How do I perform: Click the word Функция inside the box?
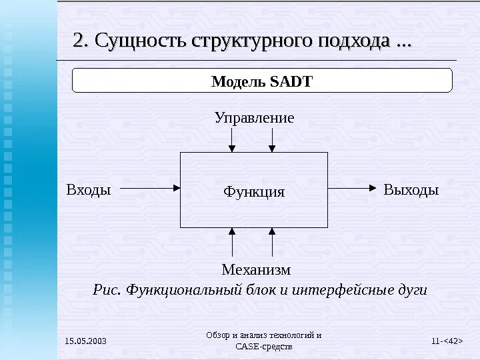pyautogui.click(x=254, y=192)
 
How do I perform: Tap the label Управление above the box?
pyautogui.click(x=254, y=118)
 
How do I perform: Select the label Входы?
pyautogui.click(x=89, y=189)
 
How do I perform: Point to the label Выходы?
pyautogui.click(x=411, y=189)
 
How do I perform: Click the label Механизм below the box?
pyautogui.click(x=256, y=269)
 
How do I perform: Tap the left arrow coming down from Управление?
pyautogui.click(x=232, y=139)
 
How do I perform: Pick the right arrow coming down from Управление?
pyautogui.click(x=272, y=139)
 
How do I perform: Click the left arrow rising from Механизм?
pyautogui.click(x=232, y=242)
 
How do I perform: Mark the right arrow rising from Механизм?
pyautogui.click(x=273, y=242)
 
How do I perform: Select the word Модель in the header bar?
pyautogui.click(x=239, y=81)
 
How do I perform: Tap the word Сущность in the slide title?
pyautogui.click(x=141, y=41)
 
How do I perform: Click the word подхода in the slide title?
pyautogui.click(x=360, y=41)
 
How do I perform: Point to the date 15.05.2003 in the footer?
pyautogui.click(x=85, y=342)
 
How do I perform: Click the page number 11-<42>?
pyautogui.click(x=447, y=342)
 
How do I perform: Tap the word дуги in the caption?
pyautogui.click(x=411, y=291)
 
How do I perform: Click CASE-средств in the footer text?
pyautogui.click(x=264, y=347)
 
